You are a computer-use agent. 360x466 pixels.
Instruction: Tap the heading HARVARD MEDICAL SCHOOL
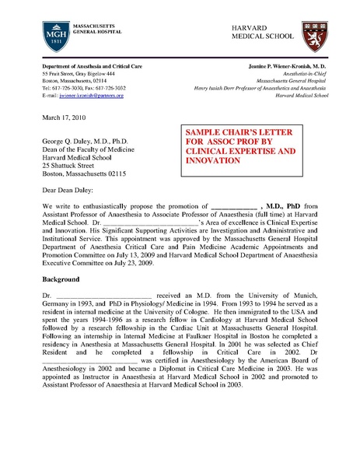pyautogui.click(x=263, y=32)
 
